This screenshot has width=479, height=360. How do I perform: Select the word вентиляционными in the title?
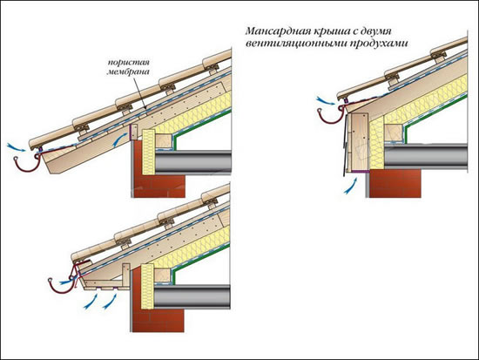tap(294, 44)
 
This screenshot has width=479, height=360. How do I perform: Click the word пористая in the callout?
tap(129, 63)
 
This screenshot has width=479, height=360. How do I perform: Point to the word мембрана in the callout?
tap(128, 72)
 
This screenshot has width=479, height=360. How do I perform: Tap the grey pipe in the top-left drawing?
tap(193, 161)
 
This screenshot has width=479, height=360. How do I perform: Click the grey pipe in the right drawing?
tap(426, 156)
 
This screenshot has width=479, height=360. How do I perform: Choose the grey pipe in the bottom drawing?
tap(192, 296)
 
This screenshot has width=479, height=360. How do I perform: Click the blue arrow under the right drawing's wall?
tap(351, 186)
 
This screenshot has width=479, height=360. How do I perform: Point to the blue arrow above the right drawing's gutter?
tap(326, 101)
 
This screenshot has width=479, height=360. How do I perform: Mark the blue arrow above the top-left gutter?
tap(17, 146)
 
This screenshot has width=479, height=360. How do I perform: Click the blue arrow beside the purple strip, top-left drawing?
tap(120, 139)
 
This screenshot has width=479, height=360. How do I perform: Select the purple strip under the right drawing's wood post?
tap(360, 172)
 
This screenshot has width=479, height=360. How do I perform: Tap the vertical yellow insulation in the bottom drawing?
tap(147, 287)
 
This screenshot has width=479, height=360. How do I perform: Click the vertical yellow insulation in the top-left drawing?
tap(149, 152)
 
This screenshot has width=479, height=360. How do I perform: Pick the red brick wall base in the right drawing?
tap(395, 184)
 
